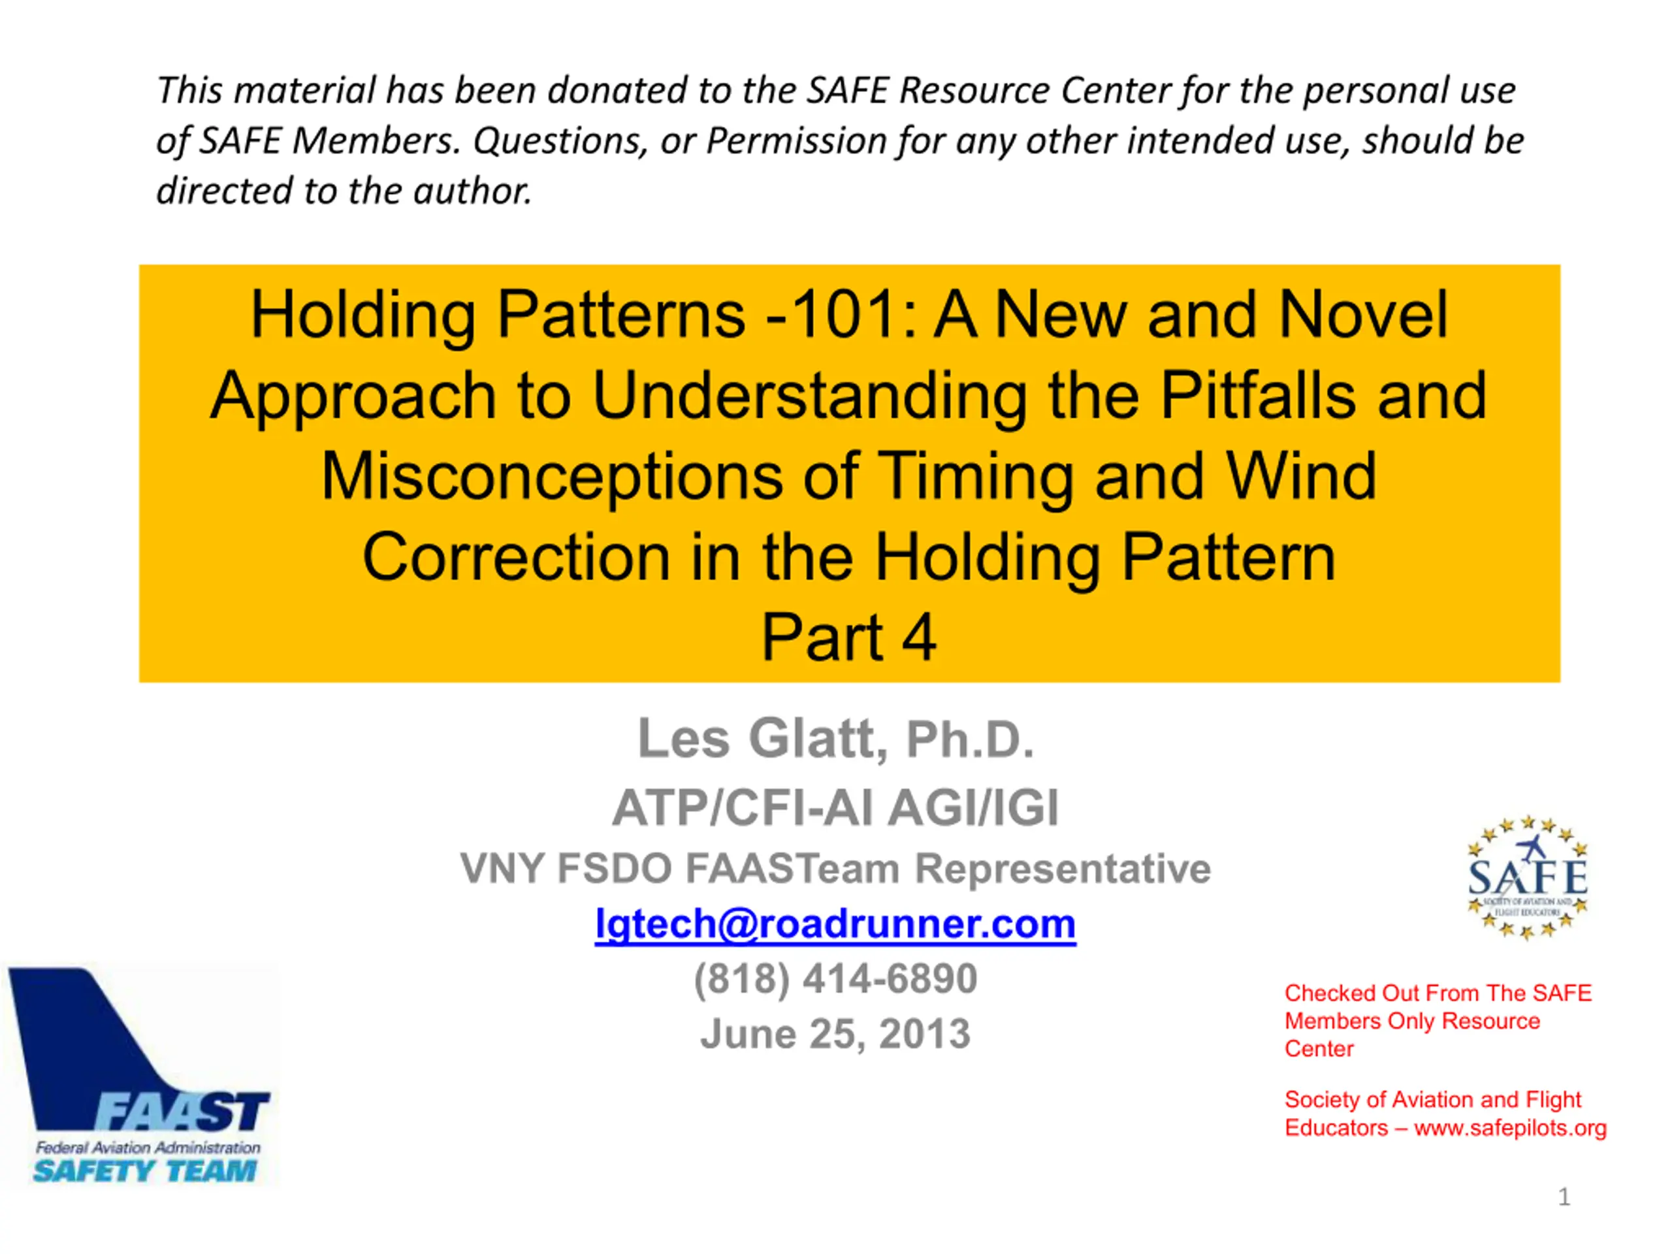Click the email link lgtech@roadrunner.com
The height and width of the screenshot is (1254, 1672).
835,924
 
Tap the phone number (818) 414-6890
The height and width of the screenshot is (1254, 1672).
835,978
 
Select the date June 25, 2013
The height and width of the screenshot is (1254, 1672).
835,1034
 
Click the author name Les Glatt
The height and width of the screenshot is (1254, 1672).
756,739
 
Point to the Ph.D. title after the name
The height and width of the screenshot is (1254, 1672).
970,739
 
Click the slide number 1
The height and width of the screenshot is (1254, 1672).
1564,1197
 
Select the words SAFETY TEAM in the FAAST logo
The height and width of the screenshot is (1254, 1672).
145,1171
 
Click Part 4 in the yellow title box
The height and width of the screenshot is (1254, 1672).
849,637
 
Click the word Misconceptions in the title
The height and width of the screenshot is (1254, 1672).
552,476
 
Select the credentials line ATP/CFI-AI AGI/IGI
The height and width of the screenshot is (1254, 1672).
835,808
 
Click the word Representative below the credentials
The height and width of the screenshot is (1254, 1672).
1063,869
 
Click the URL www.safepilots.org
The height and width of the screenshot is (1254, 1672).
1510,1128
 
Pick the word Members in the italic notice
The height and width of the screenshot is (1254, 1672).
376,140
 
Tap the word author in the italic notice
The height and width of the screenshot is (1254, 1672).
472,191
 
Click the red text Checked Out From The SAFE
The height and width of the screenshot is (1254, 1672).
1438,993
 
